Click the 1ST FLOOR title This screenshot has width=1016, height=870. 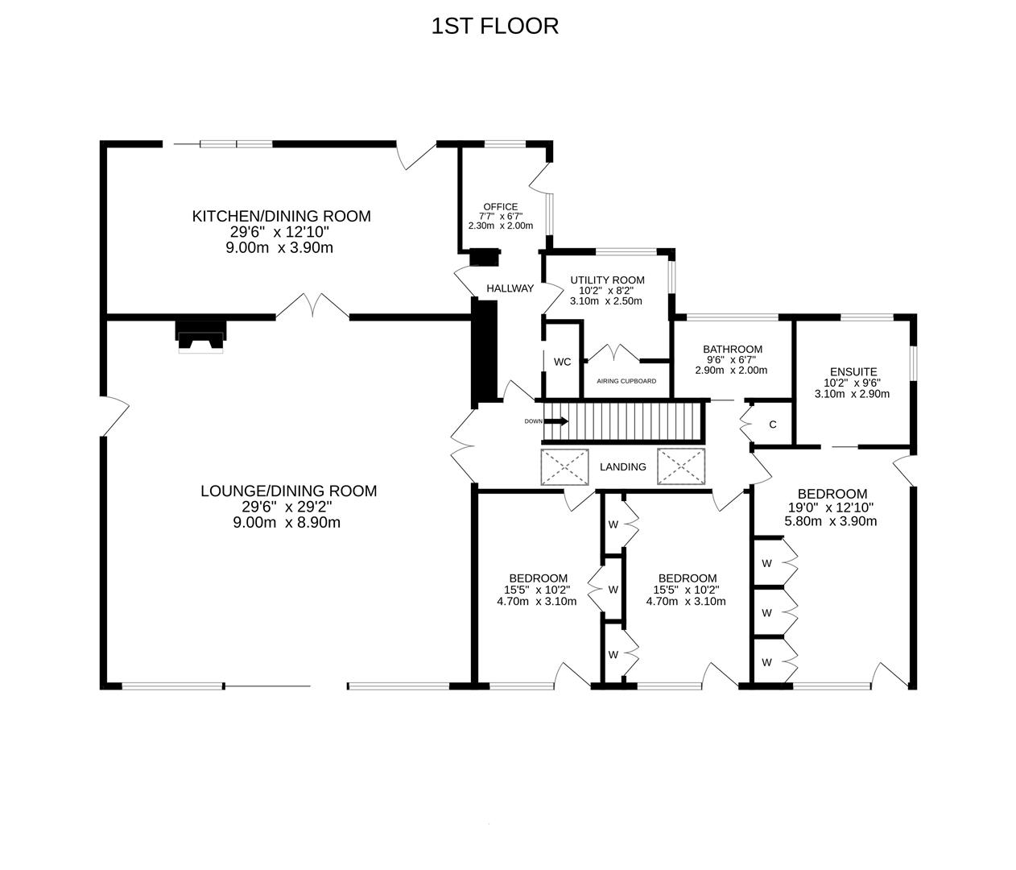494,26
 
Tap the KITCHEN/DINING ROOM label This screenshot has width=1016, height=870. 281,216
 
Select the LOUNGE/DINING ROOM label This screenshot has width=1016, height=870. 288,491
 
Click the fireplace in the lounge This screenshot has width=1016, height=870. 201,336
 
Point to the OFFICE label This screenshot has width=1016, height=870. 500,206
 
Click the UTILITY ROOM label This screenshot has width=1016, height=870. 607,280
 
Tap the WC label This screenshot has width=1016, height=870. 562,362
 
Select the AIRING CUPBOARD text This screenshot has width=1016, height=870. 626,381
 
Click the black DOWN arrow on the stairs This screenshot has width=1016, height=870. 556,421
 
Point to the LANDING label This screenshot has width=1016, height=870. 622,466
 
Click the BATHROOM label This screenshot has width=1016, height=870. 730,349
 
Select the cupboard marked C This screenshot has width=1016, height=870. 772,425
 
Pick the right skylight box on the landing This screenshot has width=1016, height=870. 680,467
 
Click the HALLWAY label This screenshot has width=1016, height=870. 510,288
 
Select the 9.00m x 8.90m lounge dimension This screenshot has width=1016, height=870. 288,522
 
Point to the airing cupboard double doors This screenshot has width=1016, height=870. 613,353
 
